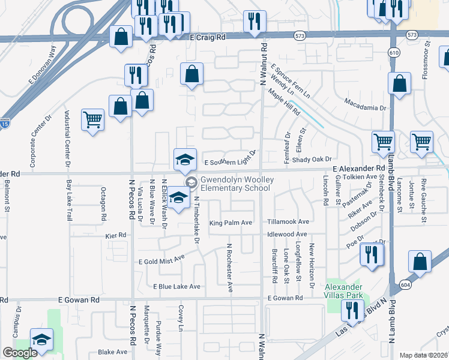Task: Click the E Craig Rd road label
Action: point(207,37)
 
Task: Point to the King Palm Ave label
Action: point(230,223)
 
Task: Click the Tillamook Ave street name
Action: point(288,221)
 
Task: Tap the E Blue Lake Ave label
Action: point(176,286)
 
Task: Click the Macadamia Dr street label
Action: point(365,107)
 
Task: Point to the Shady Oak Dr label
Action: point(311,159)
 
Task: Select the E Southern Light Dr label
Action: point(231,162)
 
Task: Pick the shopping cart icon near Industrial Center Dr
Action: point(93,119)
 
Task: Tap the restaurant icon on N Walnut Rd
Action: point(255,21)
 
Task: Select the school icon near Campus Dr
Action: point(41,340)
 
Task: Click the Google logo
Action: point(20,353)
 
